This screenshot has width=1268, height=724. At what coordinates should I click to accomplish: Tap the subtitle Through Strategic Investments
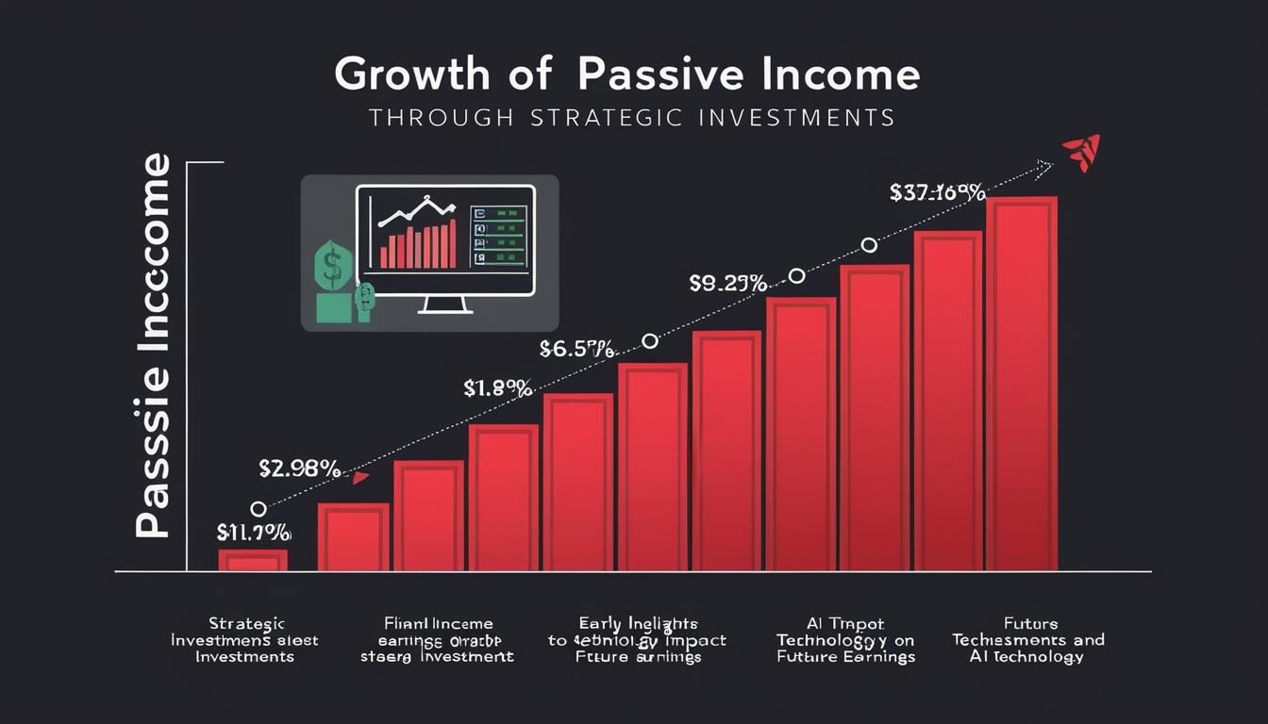click(x=631, y=118)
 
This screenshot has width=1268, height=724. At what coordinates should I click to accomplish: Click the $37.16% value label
click(x=937, y=193)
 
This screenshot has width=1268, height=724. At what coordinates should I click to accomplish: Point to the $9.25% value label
click(x=726, y=282)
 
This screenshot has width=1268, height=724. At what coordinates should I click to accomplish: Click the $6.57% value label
click(x=576, y=349)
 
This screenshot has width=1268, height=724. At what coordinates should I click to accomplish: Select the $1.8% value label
click(x=498, y=387)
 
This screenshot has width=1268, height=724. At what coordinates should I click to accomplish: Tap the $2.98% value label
click(x=299, y=467)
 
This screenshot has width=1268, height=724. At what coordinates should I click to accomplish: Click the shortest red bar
click(x=253, y=560)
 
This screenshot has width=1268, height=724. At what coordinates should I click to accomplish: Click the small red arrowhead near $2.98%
click(x=359, y=478)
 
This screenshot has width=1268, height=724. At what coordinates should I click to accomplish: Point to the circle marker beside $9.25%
click(x=796, y=275)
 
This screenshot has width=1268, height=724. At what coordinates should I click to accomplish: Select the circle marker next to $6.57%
click(x=649, y=340)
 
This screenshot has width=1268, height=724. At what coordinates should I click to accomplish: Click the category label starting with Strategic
click(x=244, y=640)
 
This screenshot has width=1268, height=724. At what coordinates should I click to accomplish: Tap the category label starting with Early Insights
click(x=638, y=640)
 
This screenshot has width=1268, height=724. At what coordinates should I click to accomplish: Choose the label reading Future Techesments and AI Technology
click(x=1027, y=640)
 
